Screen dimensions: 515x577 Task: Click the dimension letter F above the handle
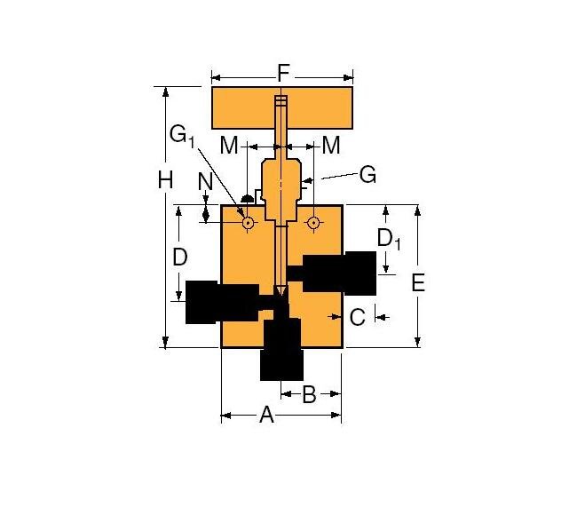pyautogui.click(x=281, y=74)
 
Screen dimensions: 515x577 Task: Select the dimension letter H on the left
pyautogui.click(x=165, y=180)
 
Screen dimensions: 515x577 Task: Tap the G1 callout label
pyautogui.click(x=182, y=136)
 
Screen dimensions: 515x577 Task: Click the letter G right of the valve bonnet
pyautogui.click(x=367, y=175)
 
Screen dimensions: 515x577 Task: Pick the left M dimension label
pyautogui.click(x=229, y=145)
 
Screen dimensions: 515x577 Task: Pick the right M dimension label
pyautogui.click(x=331, y=145)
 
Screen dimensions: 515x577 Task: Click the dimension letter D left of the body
pyautogui.click(x=179, y=257)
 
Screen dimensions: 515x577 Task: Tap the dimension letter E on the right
pyautogui.click(x=419, y=282)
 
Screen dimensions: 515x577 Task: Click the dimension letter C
pyautogui.click(x=357, y=316)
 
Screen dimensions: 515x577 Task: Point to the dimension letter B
pyautogui.click(x=309, y=395)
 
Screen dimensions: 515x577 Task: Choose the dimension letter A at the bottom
pyautogui.click(x=265, y=415)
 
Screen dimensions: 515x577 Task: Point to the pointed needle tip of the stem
pyautogui.click(x=281, y=292)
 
